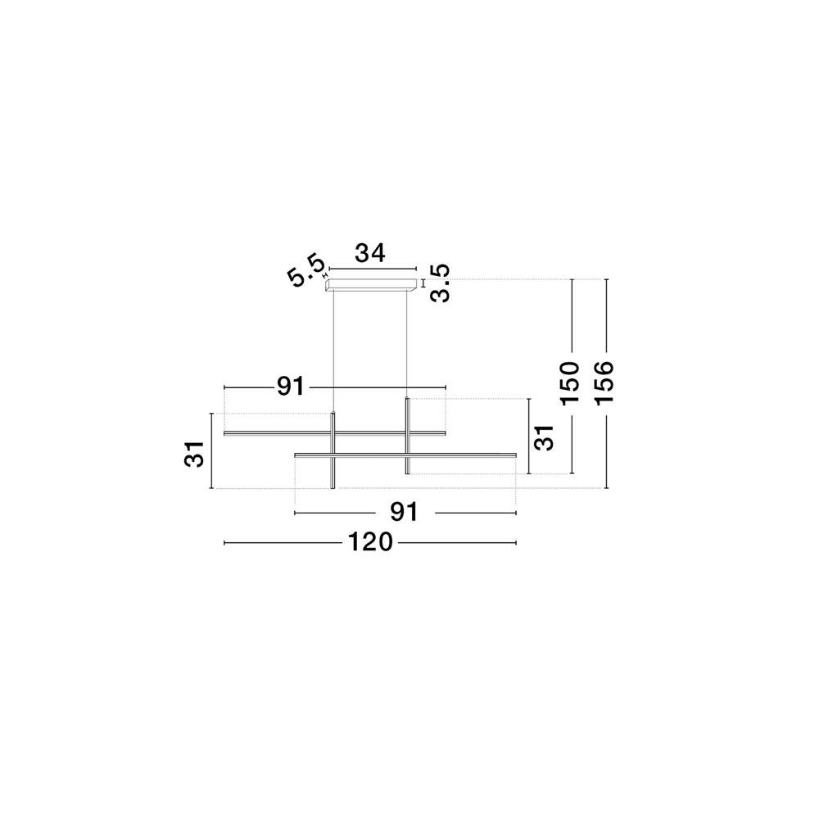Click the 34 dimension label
[x=370, y=253]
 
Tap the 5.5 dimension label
[x=306, y=270]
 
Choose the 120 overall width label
[x=370, y=542]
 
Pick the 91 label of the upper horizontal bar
[x=291, y=387]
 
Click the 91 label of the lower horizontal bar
[x=405, y=513]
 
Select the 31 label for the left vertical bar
[x=196, y=454]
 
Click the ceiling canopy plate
[x=371, y=284]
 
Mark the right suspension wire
[x=406, y=344]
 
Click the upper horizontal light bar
[x=335, y=433]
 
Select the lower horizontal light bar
[x=406, y=455]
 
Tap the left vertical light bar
[x=333, y=450]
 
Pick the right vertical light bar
[x=407, y=437]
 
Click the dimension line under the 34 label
[x=373, y=269]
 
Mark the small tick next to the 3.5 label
[x=423, y=284]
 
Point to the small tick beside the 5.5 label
[x=325, y=275]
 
